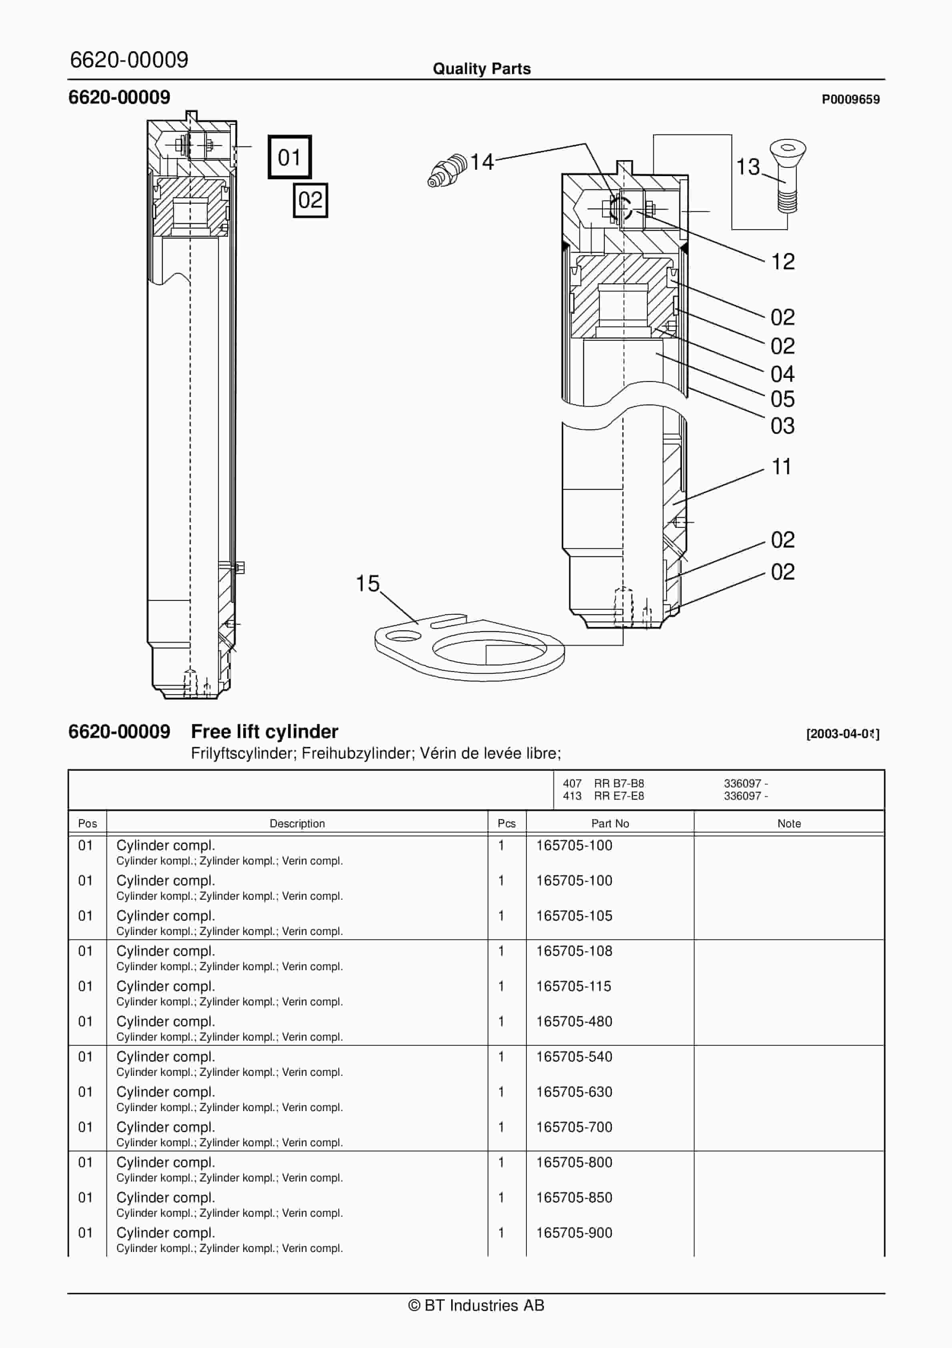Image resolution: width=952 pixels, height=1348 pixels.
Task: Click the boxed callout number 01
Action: click(289, 157)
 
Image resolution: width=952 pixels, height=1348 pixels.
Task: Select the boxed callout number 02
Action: click(310, 200)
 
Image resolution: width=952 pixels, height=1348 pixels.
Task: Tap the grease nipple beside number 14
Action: click(447, 170)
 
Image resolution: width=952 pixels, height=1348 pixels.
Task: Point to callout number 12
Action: click(782, 262)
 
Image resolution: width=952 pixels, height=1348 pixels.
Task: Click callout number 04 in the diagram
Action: click(782, 374)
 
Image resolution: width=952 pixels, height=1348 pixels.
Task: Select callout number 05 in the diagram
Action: click(782, 399)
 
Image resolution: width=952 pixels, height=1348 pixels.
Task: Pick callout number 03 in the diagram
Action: click(782, 426)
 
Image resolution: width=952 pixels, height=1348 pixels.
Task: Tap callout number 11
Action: click(781, 467)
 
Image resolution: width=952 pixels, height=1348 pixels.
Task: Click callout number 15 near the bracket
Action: click(368, 584)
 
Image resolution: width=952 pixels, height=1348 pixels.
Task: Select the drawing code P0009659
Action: click(850, 99)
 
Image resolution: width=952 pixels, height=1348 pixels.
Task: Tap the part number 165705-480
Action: click(574, 1021)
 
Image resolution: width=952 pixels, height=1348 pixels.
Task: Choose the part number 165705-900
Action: click(574, 1233)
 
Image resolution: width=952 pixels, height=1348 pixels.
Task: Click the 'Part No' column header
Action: click(610, 824)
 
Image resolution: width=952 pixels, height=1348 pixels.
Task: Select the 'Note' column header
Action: click(789, 824)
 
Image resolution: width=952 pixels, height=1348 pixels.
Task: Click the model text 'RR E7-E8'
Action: click(619, 796)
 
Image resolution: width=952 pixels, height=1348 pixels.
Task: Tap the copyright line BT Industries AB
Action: click(476, 1306)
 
